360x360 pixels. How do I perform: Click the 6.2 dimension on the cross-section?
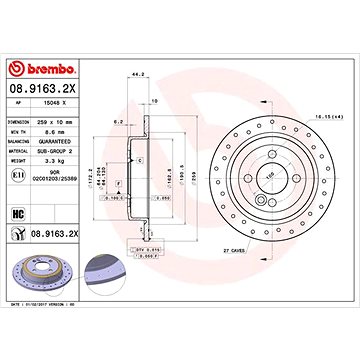click(117, 122)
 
